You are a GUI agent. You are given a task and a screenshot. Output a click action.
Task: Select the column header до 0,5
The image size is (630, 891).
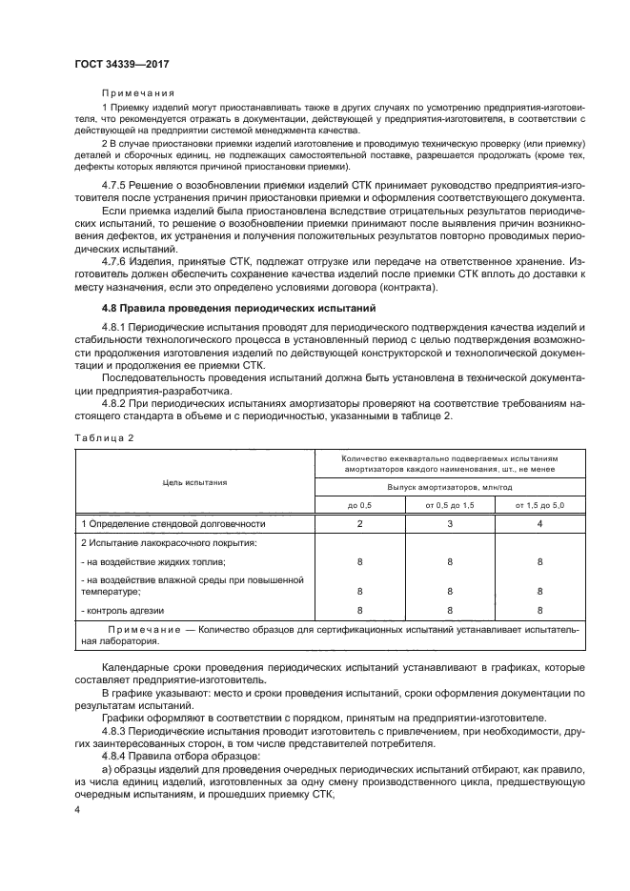(360, 505)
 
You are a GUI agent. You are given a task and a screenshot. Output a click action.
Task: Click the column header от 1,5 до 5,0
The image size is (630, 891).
(540, 505)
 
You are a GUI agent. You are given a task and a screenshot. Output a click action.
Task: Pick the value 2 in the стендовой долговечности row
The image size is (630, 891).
(360, 523)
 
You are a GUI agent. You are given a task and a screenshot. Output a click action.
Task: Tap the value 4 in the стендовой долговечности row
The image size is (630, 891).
(540, 523)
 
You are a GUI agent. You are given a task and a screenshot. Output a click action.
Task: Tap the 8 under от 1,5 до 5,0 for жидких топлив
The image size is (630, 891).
(540, 561)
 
